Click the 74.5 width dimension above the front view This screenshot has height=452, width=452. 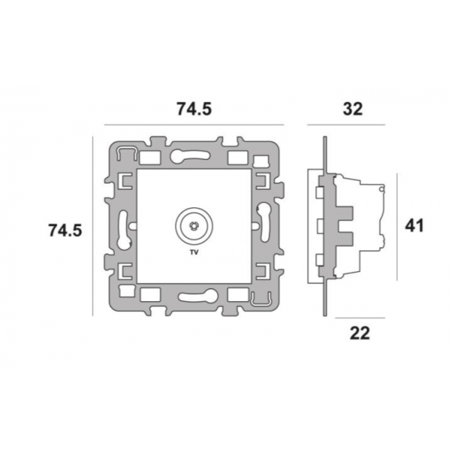(x=194, y=109)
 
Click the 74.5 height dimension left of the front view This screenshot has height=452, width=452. (x=65, y=230)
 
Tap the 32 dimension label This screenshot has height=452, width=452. (x=353, y=109)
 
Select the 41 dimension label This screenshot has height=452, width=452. (x=414, y=225)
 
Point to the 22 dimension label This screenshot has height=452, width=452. (x=360, y=333)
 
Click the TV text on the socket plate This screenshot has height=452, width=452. (x=194, y=252)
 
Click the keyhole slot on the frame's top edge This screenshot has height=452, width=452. (x=190, y=156)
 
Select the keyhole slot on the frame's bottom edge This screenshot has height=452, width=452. (x=198, y=297)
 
